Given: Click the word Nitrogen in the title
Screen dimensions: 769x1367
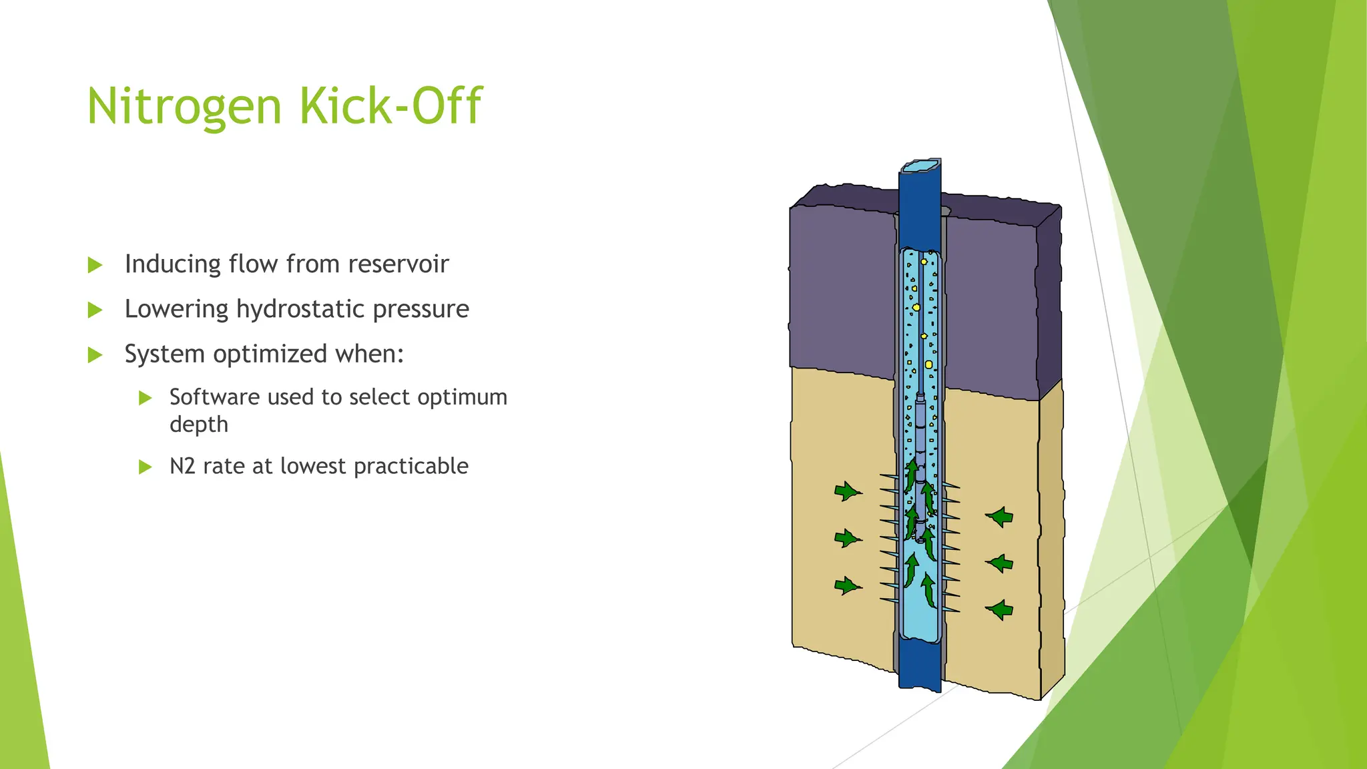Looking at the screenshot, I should pos(184,107).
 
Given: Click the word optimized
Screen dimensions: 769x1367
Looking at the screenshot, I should pos(270,354).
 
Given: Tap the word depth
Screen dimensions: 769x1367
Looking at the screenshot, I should pos(199,425).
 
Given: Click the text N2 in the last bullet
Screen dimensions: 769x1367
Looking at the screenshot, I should pos(182,466).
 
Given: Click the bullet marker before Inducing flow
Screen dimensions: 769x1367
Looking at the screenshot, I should pos(95,266).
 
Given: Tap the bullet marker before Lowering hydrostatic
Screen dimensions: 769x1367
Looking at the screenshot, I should pos(95,310).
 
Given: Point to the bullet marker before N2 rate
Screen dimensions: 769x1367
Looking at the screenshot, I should pos(146,467).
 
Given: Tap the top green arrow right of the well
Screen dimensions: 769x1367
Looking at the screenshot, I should pos(1000,517).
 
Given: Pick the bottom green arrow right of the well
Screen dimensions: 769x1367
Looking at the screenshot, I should pos(1000,609).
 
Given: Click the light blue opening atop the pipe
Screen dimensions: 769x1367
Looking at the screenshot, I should pos(920,166).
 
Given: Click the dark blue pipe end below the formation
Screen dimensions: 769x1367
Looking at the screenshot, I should pos(919,665).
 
